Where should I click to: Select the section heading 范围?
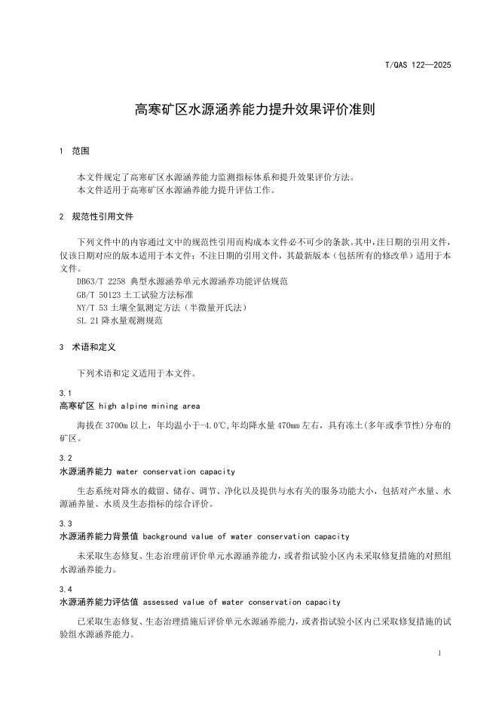(x=81, y=151)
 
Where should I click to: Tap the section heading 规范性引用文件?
(x=103, y=216)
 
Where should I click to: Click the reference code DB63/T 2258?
(x=101, y=281)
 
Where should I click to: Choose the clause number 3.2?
(x=65, y=459)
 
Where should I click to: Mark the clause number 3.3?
(x=65, y=523)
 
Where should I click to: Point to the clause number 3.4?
(x=65, y=589)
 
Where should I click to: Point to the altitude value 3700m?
(x=119, y=425)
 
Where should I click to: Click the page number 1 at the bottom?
(x=439, y=653)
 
